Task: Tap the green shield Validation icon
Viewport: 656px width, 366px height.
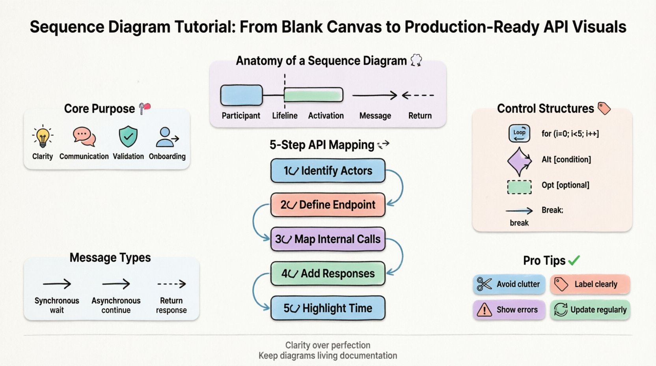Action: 128,136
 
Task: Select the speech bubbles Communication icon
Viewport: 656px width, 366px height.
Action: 84,137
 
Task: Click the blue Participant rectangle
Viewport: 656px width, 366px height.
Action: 241,95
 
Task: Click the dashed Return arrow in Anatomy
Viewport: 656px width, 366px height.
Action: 418,95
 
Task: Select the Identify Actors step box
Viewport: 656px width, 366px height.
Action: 328,171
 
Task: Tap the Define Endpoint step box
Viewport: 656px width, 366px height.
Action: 328,205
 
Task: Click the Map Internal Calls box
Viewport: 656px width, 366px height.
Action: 328,239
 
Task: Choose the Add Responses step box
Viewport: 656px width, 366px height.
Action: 328,273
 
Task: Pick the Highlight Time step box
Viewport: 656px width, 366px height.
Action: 328,308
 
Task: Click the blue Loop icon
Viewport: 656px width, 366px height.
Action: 519,133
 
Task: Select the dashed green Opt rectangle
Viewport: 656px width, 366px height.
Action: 519,187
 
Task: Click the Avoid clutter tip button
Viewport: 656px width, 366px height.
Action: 509,284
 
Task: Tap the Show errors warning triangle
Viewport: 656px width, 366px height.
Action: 484,310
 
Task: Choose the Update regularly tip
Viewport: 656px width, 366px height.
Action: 590,310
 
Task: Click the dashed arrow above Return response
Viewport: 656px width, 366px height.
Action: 171,284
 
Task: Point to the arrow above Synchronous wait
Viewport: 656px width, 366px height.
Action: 57,284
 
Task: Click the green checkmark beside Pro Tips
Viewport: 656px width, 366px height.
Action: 574,260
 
